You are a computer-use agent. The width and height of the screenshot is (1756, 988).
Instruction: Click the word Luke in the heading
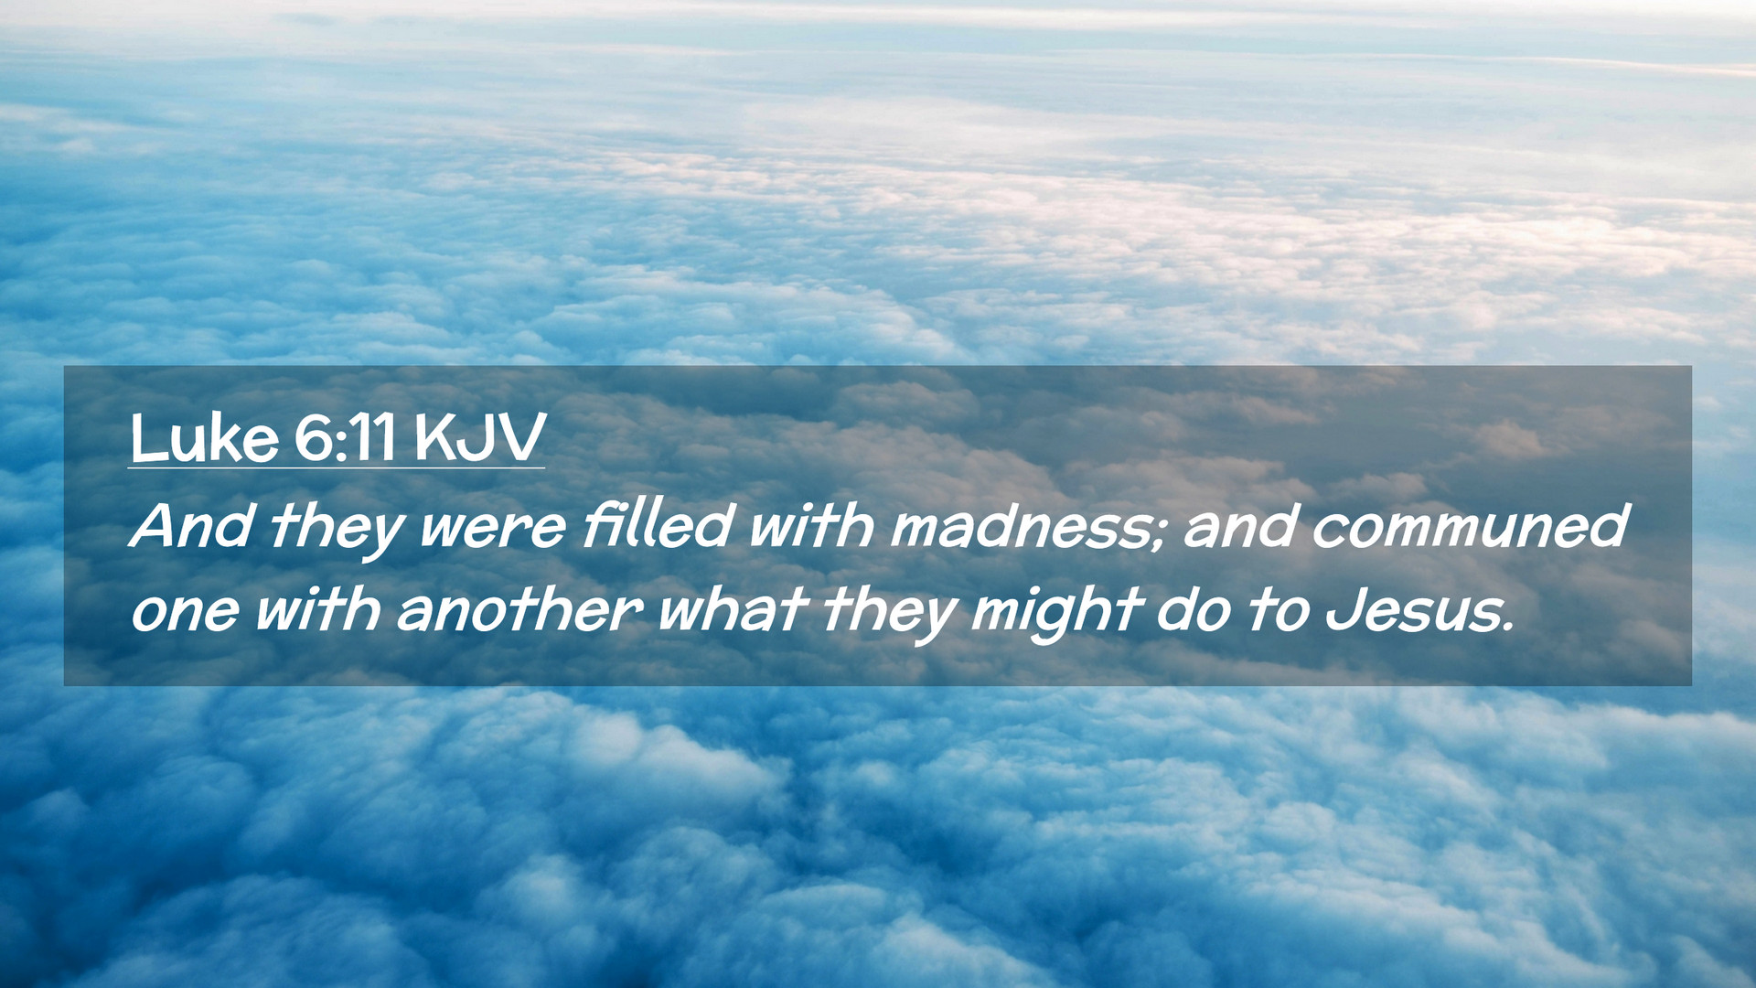coord(204,438)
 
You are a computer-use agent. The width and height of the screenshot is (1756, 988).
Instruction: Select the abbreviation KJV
coord(479,438)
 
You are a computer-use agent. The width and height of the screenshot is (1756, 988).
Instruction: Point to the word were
coord(492,529)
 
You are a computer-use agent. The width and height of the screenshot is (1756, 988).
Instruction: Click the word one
coord(185,613)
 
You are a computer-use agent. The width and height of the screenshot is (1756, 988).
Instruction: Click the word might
coord(1057,613)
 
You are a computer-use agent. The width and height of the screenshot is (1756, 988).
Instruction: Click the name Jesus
coord(1409,609)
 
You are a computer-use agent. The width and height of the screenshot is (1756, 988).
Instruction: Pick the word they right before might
coord(889,613)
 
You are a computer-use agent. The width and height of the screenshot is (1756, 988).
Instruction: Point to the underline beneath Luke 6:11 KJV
coord(337,467)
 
